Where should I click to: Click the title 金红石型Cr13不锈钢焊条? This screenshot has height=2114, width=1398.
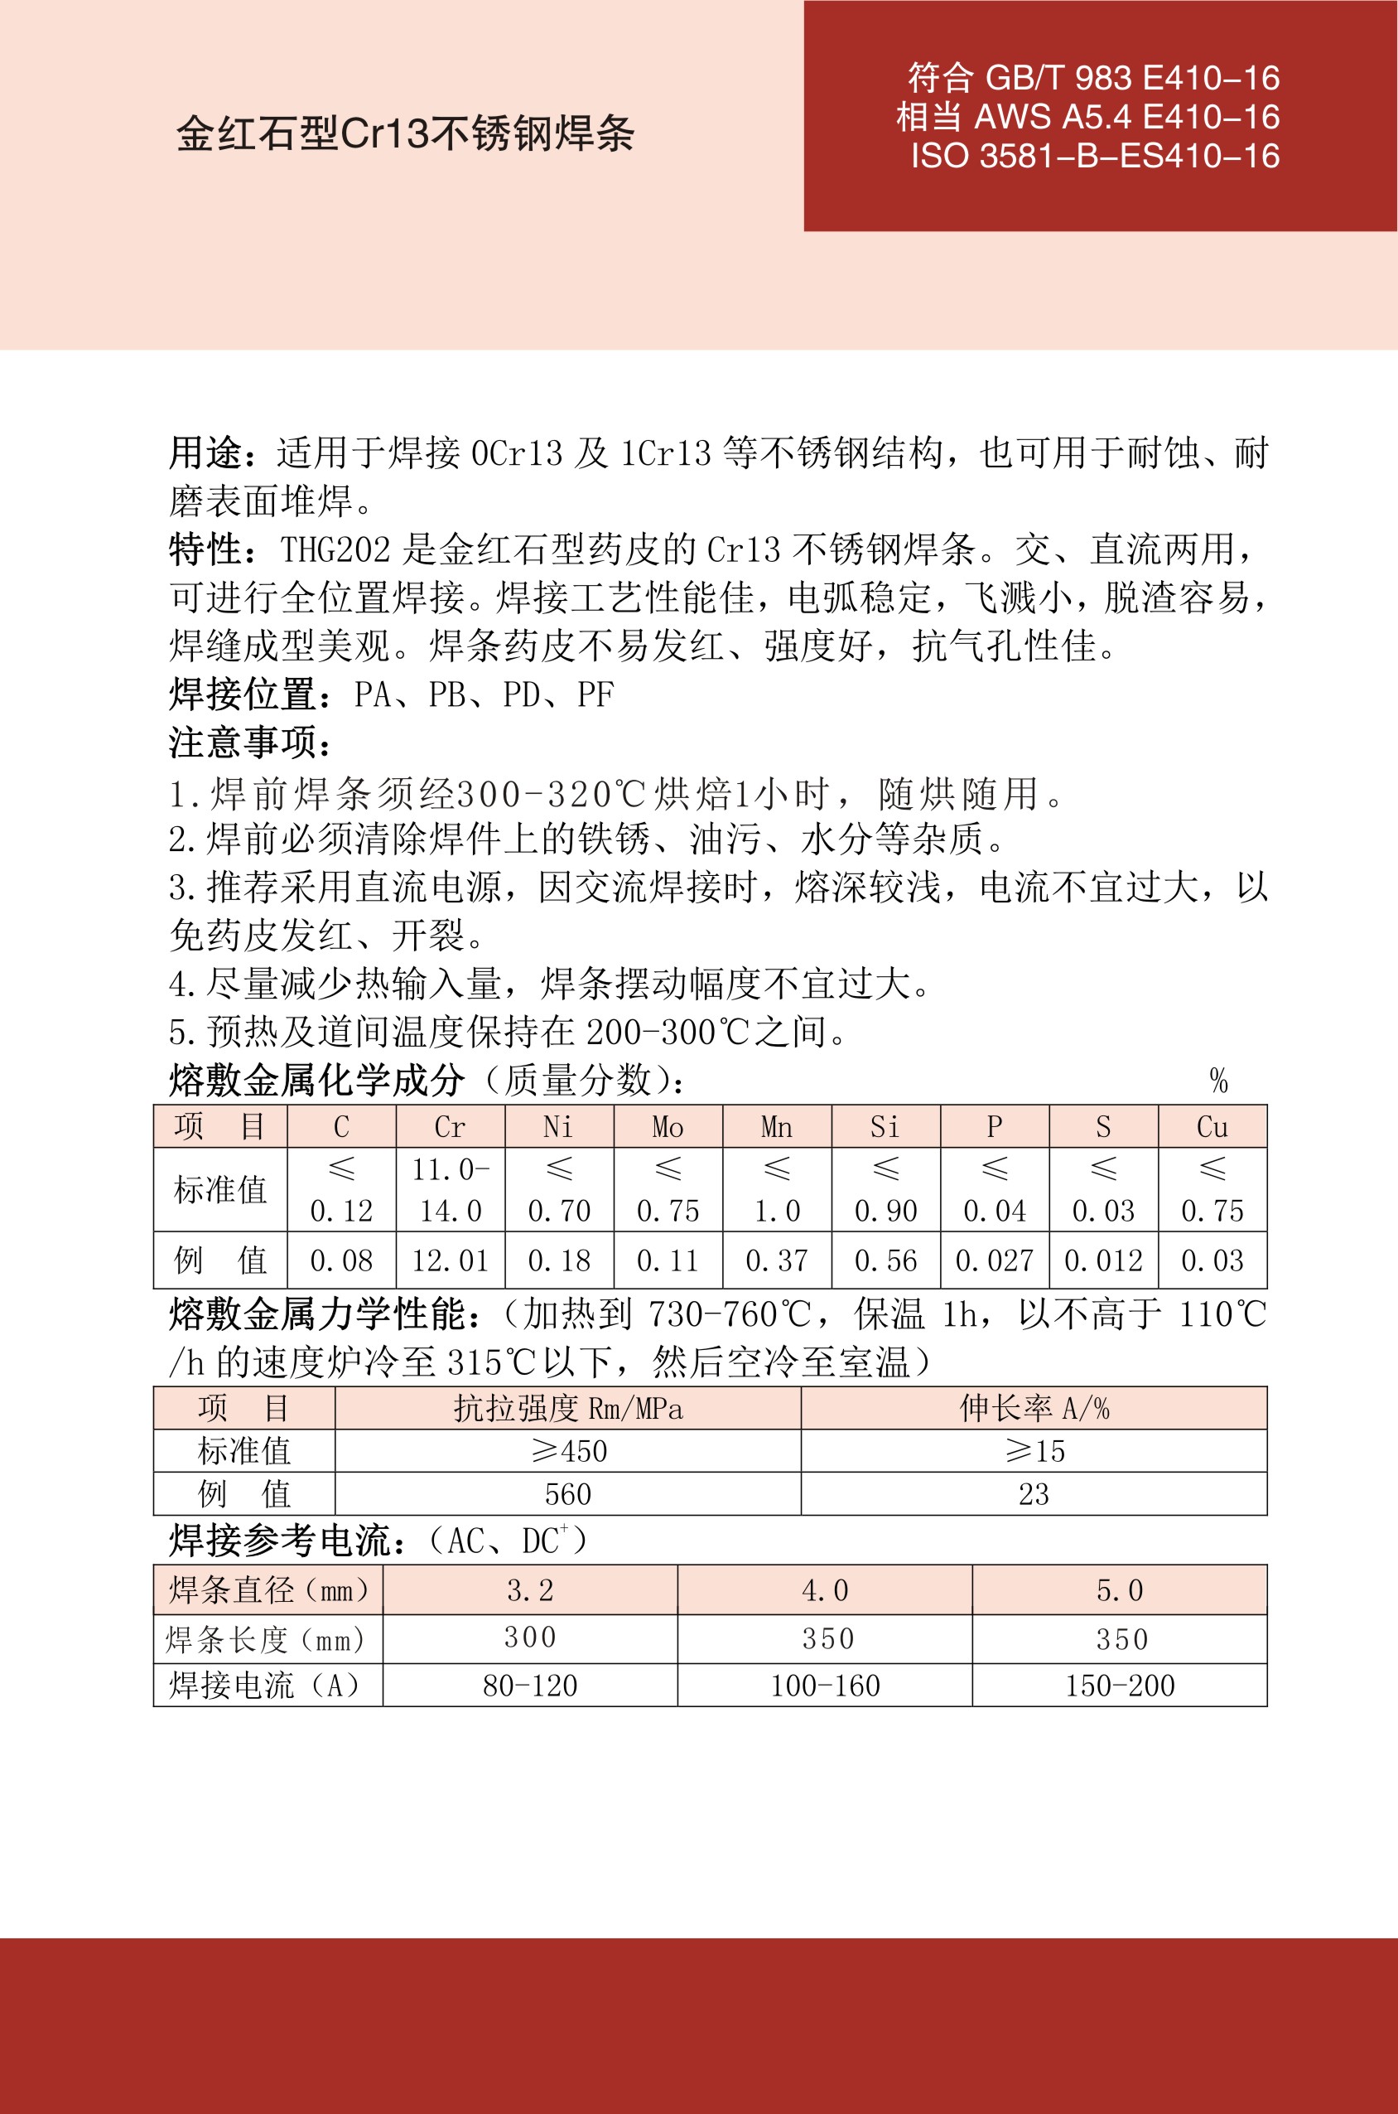click(405, 133)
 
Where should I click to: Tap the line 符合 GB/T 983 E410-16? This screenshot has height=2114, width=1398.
click(1093, 79)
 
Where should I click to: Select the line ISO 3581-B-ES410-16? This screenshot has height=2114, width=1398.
click(1095, 156)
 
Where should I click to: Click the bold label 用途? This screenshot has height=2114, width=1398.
click(206, 453)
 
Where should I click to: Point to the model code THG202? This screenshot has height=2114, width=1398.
click(335, 549)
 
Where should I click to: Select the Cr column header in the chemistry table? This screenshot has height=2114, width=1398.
click(451, 1126)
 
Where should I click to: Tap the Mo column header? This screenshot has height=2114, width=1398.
click(668, 1126)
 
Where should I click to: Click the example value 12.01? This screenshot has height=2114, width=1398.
click(451, 1260)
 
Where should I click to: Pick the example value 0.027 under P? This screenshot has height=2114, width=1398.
click(994, 1260)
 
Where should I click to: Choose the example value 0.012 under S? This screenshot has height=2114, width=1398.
click(1103, 1260)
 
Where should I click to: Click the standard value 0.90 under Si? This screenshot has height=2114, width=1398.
click(885, 1211)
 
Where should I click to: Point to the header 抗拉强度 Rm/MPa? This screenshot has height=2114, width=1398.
click(568, 1409)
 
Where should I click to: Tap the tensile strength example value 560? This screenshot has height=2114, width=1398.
click(568, 1494)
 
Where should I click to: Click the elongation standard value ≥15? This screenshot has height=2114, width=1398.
click(1034, 1451)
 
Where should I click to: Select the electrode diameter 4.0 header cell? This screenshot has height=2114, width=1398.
click(825, 1589)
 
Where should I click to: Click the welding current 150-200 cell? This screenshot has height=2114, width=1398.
click(1120, 1685)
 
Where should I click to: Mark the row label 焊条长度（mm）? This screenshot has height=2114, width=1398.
click(267, 1638)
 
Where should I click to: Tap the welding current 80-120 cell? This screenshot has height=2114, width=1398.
click(531, 1685)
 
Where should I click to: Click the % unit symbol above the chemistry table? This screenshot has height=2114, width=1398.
click(1219, 1081)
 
